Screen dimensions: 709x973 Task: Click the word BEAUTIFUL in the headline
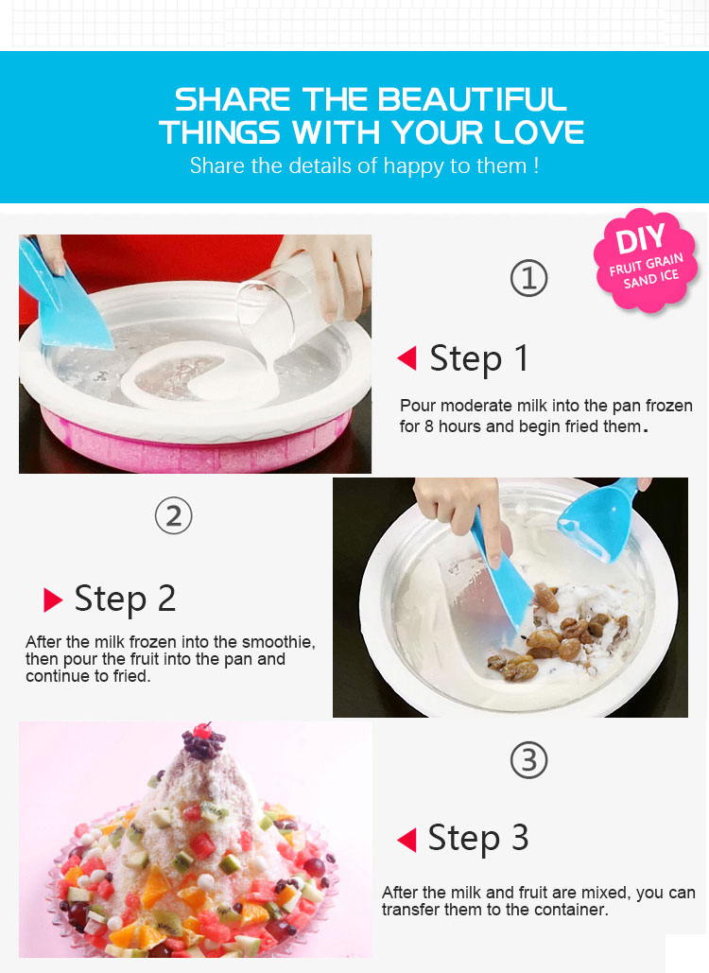point(472,99)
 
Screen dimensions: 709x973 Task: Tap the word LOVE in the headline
point(540,132)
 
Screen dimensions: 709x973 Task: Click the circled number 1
point(528,278)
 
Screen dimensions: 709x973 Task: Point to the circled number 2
point(174,516)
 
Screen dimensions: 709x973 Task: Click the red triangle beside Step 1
point(407,358)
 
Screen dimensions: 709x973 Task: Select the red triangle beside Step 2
point(53,599)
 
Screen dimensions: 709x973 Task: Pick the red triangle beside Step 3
point(406,840)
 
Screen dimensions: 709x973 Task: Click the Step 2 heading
point(126,599)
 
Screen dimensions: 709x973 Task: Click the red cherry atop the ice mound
point(201,731)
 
